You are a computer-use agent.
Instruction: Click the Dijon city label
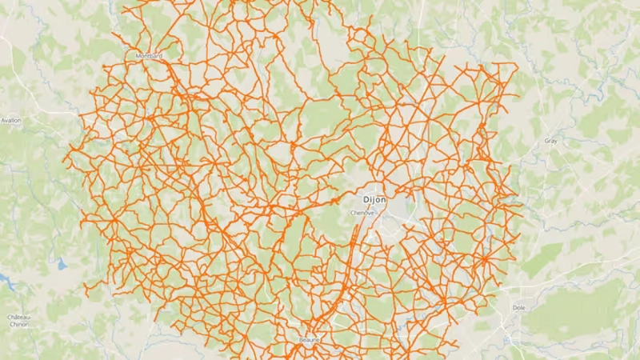tap(374, 199)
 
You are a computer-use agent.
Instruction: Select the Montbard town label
tap(149, 56)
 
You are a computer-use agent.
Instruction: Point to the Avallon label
tap(11, 120)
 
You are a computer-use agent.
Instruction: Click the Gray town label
tap(550, 141)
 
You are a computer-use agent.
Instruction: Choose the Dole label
tap(518, 307)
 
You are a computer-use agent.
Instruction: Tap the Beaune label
tap(309, 340)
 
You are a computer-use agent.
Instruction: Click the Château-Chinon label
tap(19, 321)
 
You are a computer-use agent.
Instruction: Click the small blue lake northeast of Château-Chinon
tap(61, 263)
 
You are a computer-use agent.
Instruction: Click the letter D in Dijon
tap(366, 199)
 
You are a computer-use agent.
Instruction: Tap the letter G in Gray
tap(546, 141)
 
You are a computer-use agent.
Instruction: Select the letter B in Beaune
tap(302, 340)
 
